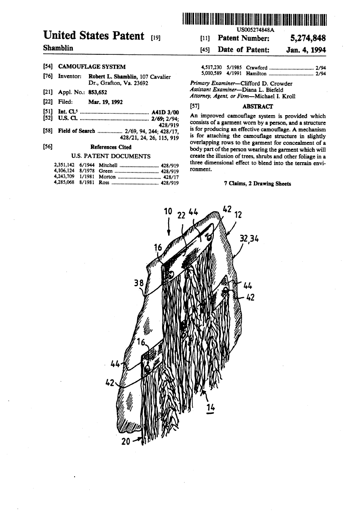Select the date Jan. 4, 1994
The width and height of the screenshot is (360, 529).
(306, 50)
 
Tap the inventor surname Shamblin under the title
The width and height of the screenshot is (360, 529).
(58, 48)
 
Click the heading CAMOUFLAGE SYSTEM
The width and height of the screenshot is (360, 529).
(92, 67)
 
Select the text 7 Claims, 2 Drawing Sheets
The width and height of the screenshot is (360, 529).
(257, 184)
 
